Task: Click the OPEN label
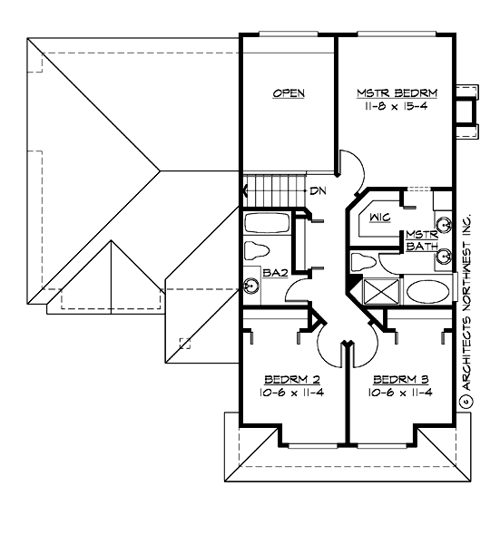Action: (x=289, y=93)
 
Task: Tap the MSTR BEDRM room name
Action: (x=397, y=92)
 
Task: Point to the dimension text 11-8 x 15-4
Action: (x=397, y=106)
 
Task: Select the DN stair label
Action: (x=317, y=190)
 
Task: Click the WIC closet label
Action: (x=380, y=218)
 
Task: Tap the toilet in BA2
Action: (x=260, y=250)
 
